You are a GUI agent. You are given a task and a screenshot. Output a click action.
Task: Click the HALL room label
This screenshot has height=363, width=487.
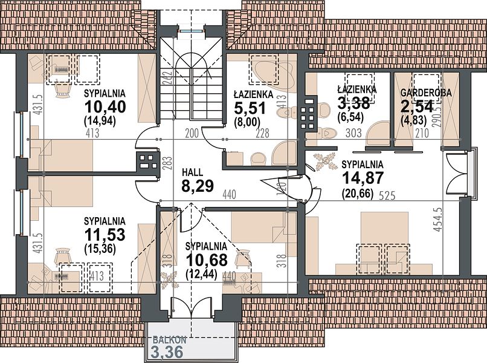coord(193,172)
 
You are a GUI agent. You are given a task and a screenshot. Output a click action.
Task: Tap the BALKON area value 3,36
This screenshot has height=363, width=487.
coord(167,353)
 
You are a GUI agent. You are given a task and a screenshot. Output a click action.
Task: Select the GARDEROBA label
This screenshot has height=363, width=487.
coord(426,93)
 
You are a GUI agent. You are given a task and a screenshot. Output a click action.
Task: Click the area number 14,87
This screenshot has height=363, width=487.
coord(363,178)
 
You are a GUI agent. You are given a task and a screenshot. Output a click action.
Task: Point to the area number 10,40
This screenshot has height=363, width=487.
coord(105,107)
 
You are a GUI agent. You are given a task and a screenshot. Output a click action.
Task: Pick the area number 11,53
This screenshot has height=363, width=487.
coord(105,235)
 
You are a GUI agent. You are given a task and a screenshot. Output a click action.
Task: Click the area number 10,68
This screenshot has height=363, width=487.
coord(207,260)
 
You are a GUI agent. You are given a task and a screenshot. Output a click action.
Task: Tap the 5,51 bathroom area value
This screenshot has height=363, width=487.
coord(250,108)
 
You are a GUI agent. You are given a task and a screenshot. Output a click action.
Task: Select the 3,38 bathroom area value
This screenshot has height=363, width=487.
coord(353,103)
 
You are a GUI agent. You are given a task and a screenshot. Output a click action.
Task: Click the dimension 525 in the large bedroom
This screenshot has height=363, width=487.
coord(387,195)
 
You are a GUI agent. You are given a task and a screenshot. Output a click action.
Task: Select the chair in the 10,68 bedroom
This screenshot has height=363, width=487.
coord(243,259)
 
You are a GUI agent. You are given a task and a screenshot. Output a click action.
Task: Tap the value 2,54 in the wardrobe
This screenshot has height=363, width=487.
coord(417,107)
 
